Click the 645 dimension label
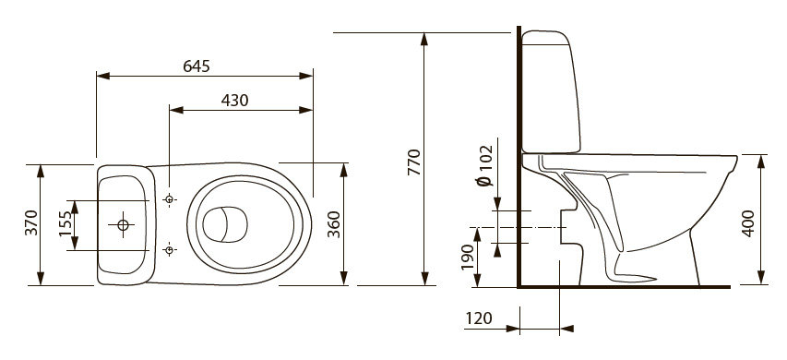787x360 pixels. point(197,66)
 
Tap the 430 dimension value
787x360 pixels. point(235,101)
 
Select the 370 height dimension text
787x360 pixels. point(32,222)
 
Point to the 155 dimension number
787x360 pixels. point(65,224)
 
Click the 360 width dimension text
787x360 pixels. point(334,224)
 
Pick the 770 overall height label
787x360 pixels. point(414,162)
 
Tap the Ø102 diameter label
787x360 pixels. point(485,166)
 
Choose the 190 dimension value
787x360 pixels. point(468,257)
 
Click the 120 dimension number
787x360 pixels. point(479,318)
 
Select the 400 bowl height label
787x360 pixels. point(748,223)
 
